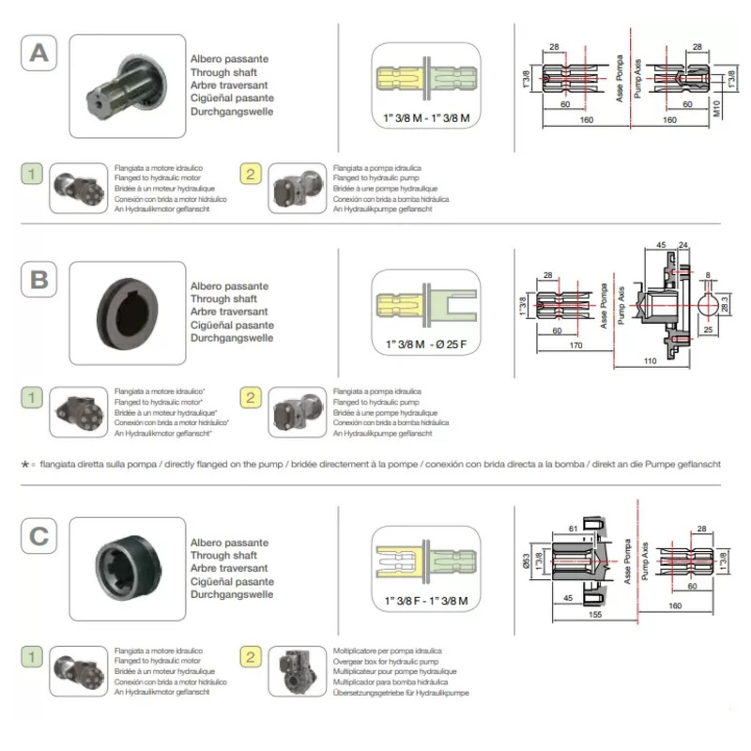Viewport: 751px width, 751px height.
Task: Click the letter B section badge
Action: point(38,280)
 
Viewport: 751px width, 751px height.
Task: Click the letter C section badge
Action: point(38,536)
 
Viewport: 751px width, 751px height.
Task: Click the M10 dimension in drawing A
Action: point(717,110)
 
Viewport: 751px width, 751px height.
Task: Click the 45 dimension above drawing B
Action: point(661,246)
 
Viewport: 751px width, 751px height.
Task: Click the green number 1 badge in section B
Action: point(33,398)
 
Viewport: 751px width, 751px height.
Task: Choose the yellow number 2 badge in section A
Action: point(251,174)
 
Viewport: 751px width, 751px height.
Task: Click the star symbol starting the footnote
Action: point(24,465)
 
